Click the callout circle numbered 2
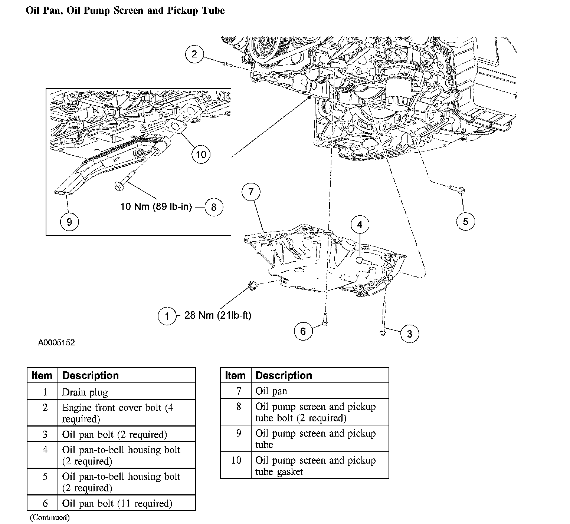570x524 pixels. click(194, 54)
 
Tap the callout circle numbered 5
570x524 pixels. click(465, 222)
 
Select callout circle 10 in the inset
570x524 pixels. click(201, 154)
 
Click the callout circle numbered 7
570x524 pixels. click(251, 192)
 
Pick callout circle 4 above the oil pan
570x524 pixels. click(360, 224)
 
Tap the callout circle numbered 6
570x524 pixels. click(303, 331)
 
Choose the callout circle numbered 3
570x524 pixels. click(409, 334)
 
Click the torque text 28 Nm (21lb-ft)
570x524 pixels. click(217, 315)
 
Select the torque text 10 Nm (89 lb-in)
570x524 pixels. click(156, 206)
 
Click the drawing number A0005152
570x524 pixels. click(56, 342)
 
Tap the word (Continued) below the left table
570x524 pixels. click(50, 517)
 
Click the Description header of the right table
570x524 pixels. click(284, 375)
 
